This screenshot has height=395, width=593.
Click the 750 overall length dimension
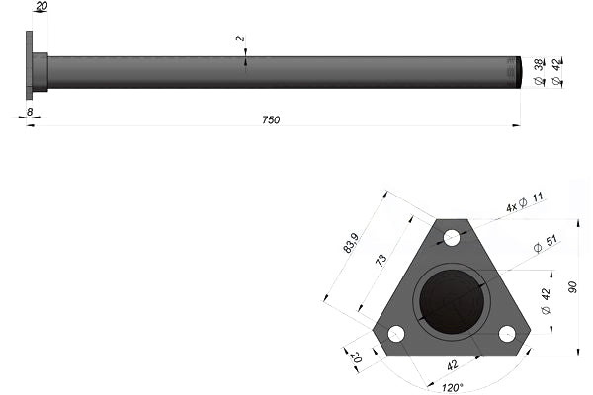271,119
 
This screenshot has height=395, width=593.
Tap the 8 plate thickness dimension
30,112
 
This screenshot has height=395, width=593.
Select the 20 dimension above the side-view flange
42,6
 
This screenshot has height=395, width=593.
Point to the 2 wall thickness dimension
240,39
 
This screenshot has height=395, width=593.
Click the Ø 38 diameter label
539,71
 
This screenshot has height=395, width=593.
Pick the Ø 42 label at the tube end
557,71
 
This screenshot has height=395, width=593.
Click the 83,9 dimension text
350,243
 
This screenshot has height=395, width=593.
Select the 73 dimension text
381,260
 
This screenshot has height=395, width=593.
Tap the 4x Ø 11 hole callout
525,202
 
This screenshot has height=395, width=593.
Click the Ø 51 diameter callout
545,244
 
